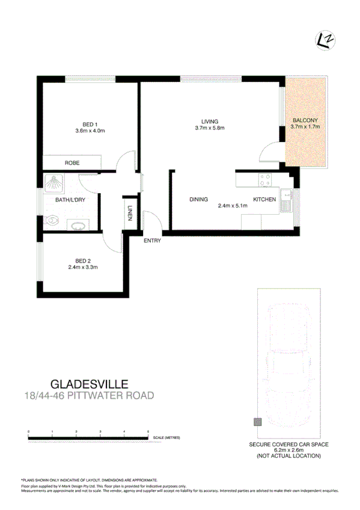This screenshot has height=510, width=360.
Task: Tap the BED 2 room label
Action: pyautogui.click(x=82, y=260)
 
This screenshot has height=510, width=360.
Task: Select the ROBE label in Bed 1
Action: pyautogui.click(x=73, y=162)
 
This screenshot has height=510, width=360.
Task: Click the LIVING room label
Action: pyautogui.click(x=210, y=121)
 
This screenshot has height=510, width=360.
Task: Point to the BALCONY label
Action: pyautogui.click(x=305, y=120)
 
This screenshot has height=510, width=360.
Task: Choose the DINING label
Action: pyautogui.click(x=198, y=200)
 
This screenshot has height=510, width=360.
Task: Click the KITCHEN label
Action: pyautogui.click(x=264, y=200)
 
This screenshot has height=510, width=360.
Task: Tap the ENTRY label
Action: pyautogui.click(x=152, y=241)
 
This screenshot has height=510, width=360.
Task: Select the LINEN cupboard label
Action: pyautogui.click(x=130, y=213)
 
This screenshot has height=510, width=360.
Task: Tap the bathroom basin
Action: pyautogui.click(x=78, y=226)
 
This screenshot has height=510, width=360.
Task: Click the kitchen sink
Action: pyautogui.click(x=286, y=200)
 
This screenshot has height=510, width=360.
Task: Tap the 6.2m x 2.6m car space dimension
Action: pyautogui.click(x=289, y=450)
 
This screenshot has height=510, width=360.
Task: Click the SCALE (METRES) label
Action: pyautogui.click(x=166, y=438)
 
